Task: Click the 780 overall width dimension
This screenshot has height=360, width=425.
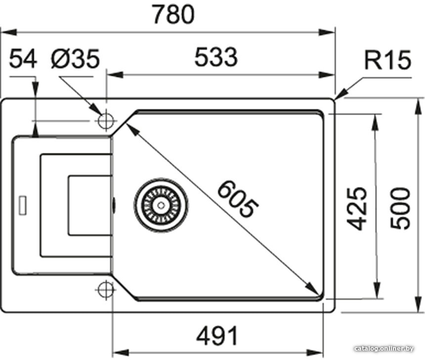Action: coord(173,14)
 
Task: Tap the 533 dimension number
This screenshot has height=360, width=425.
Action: coord(216,57)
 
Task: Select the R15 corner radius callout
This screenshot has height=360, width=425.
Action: coord(387,60)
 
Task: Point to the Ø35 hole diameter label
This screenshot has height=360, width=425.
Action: coord(75,58)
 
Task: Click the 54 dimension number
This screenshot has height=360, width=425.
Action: coord(23,58)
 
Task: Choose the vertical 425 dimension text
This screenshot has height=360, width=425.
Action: coord(357,208)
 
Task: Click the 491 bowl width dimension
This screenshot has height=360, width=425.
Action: coord(217,335)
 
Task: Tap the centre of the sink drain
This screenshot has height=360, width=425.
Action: coord(161,205)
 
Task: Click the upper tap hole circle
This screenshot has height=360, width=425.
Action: coord(106,121)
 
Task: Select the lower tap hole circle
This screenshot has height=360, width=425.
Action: coord(106,289)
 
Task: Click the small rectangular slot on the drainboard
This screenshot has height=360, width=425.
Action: coord(22,205)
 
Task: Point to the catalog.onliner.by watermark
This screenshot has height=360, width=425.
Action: coord(384,349)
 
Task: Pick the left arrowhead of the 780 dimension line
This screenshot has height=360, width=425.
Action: coord(9,32)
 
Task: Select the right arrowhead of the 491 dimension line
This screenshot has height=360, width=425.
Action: coord(315,353)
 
